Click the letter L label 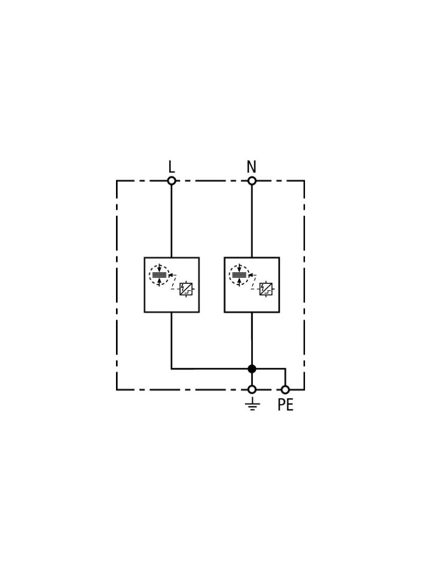pyautogui.click(x=171, y=167)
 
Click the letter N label pyautogui.click(x=251, y=167)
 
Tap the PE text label pyautogui.click(x=285, y=405)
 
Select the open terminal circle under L pyautogui.click(x=171, y=181)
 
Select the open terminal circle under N pyautogui.click(x=251, y=181)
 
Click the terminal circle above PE pyautogui.click(x=285, y=390)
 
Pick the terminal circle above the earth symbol pyautogui.click(x=251, y=390)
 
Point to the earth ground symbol pyautogui.click(x=252, y=404)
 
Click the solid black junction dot pyautogui.click(x=251, y=369)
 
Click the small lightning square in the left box pyautogui.click(x=186, y=289)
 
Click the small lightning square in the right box pyautogui.click(x=266, y=289)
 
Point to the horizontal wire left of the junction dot pyautogui.click(x=209, y=369)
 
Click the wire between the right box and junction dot pyautogui.click(x=251, y=339)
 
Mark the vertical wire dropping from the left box pyautogui.click(x=171, y=340)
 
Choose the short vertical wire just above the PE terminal pyautogui.click(x=285, y=377)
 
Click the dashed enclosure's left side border pyautogui.click(x=117, y=285)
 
